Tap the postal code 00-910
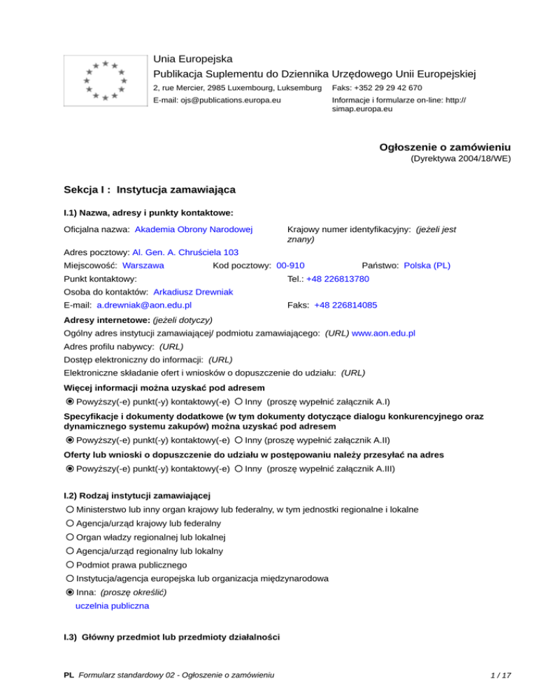290,266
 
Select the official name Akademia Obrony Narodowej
194,229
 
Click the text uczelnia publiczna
112,607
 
